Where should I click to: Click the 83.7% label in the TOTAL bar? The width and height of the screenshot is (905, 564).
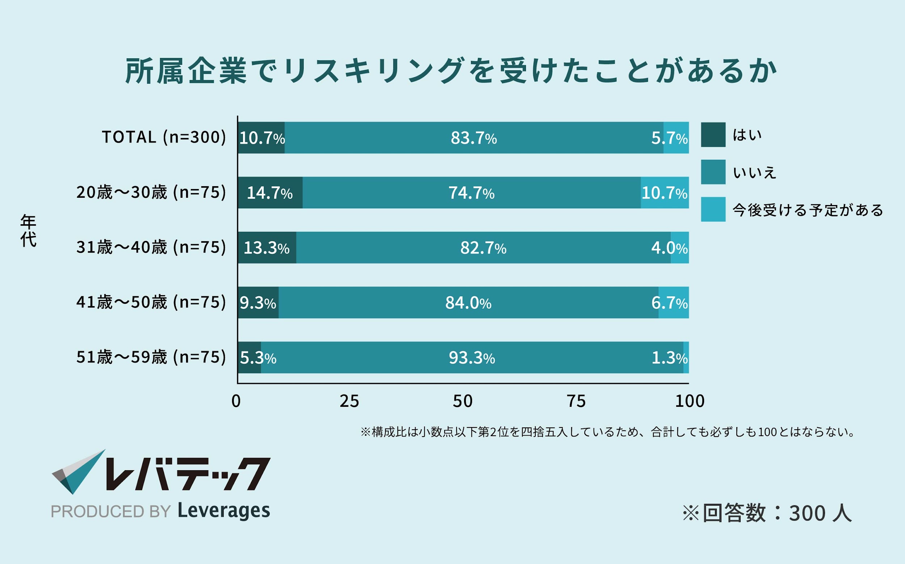pos(473,138)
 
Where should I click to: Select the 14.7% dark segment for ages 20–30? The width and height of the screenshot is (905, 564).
pos(270,193)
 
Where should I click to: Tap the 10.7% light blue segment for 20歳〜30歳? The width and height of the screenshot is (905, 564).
pos(665,193)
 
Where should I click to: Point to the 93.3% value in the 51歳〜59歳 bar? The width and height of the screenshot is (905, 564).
pos(472,358)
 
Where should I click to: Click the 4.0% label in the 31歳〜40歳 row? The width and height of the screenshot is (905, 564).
pos(669,248)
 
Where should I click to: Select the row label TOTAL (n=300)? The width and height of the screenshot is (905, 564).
pos(164,137)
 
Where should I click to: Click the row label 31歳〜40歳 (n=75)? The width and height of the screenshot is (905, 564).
pos(151,247)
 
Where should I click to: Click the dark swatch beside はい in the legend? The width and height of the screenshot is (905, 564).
pos(713,135)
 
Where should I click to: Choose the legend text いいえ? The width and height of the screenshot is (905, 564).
pos(754,173)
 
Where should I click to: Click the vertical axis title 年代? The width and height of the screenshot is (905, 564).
pos(28,230)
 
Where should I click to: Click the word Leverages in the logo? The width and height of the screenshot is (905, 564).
pos(224,511)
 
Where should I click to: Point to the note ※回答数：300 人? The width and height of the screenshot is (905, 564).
pos(767,513)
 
